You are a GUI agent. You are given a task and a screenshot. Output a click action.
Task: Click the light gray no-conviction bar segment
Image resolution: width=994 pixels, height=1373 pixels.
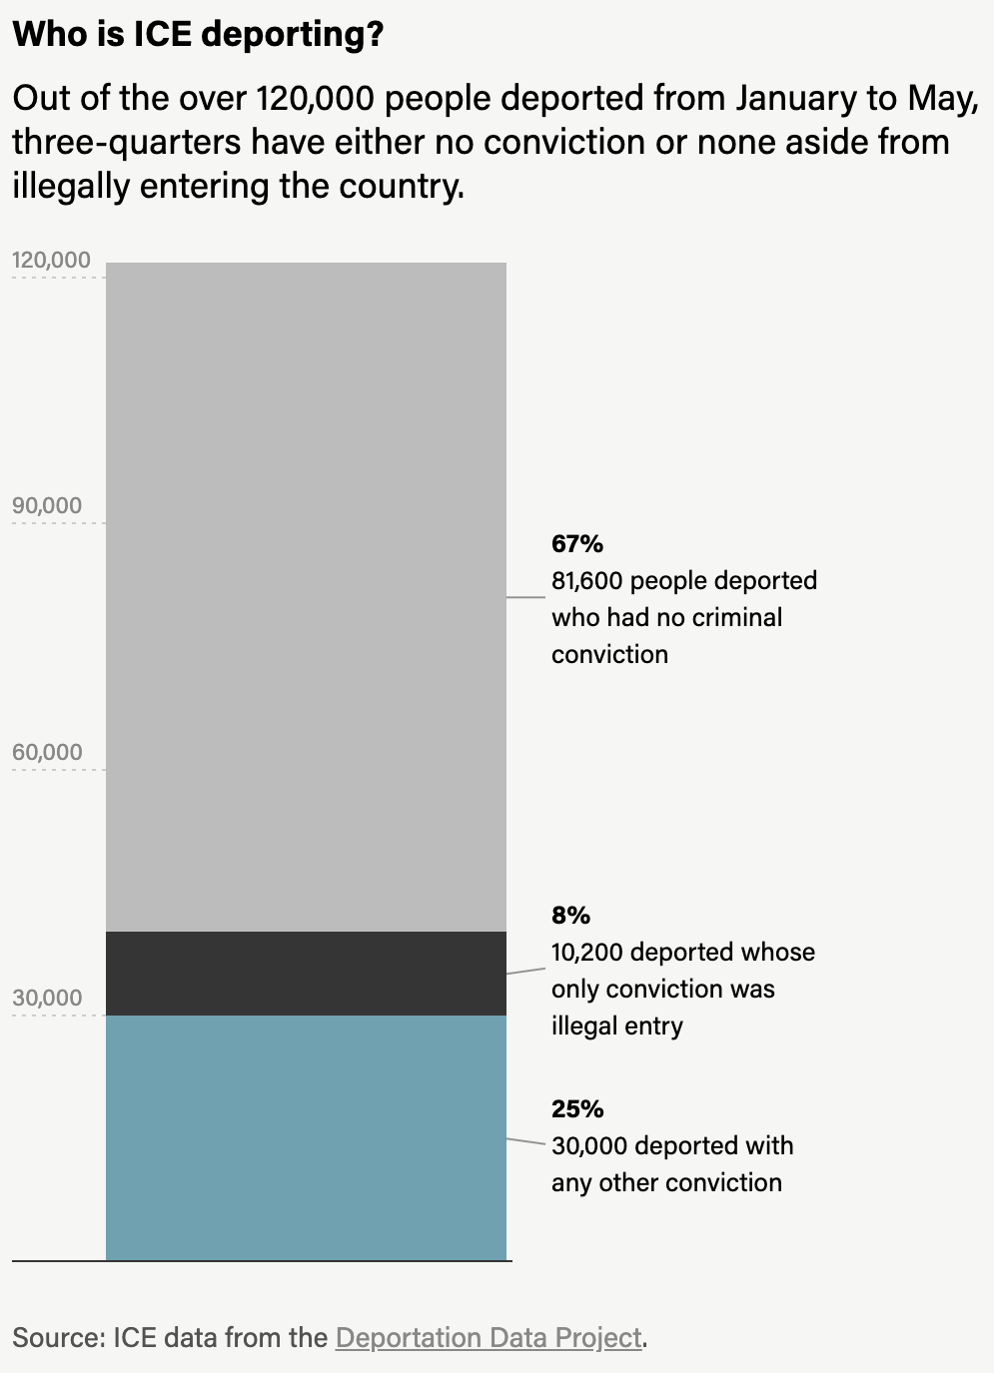pyautogui.click(x=306, y=597)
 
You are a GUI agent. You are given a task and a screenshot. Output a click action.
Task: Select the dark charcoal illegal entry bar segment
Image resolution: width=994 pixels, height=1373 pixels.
pyautogui.click(x=306, y=974)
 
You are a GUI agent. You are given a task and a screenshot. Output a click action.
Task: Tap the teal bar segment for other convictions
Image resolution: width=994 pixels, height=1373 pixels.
pyautogui.click(x=306, y=1138)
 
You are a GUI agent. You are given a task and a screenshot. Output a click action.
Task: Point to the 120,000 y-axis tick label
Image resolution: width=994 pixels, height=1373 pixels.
pyautogui.click(x=51, y=261)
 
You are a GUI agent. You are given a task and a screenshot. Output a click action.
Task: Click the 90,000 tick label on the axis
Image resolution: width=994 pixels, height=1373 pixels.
pyautogui.click(x=47, y=506)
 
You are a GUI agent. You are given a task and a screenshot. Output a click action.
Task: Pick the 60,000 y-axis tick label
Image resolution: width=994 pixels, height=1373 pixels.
pyautogui.click(x=47, y=753)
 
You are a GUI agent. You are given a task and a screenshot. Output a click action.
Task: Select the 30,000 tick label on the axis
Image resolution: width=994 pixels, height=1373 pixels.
pyautogui.click(x=47, y=999)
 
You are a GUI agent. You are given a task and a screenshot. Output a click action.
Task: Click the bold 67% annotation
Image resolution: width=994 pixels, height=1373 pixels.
pyautogui.click(x=577, y=544)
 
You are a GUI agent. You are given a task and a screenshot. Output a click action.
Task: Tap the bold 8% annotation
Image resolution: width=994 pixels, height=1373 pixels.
pyautogui.click(x=570, y=916)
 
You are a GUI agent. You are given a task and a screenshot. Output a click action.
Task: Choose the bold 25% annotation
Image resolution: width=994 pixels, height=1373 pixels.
pyautogui.click(x=577, y=1109)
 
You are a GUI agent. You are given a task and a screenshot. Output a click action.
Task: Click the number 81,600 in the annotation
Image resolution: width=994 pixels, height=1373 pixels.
pyautogui.click(x=587, y=581)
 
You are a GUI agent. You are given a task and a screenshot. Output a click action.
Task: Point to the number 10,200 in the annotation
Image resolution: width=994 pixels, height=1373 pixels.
pyautogui.click(x=587, y=953)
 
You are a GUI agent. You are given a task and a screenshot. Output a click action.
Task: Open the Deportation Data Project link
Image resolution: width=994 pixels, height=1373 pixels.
pyautogui.click(x=489, y=1338)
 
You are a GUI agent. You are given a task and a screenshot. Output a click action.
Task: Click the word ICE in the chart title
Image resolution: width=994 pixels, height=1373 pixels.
pyautogui.click(x=165, y=35)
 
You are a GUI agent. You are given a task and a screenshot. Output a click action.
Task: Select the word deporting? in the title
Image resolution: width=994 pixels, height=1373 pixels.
pyautogui.click(x=293, y=35)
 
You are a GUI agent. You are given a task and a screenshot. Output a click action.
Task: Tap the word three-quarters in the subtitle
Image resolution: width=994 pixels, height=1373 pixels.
pyautogui.click(x=127, y=143)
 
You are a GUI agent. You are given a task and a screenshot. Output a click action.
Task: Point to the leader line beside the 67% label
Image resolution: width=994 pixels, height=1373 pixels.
pyautogui.click(x=525, y=597)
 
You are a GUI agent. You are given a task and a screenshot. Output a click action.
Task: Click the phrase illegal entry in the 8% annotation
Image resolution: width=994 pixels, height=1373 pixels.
pyautogui.click(x=616, y=1027)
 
